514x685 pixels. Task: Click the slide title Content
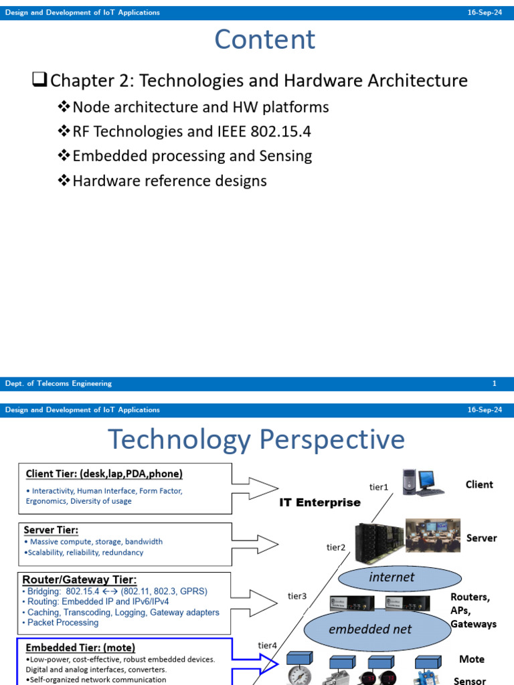click(264, 40)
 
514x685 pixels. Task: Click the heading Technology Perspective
click(256, 440)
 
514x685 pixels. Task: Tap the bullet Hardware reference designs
click(169, 181)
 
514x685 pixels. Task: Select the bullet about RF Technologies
click(191, 132)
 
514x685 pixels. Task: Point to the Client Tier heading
click(104, 474)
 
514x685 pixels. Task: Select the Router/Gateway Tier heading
click(80, 579)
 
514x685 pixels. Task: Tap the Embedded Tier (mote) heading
click(80, 648)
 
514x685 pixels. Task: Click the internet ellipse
click(392, 577)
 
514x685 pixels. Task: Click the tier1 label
click(379, 488)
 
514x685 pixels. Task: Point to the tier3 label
click(297, 596)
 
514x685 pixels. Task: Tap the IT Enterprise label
click(320, 502)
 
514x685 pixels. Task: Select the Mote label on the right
click(471, 659)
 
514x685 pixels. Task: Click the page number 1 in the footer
click(494, 384)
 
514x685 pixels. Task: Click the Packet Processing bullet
click(62, 623)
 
